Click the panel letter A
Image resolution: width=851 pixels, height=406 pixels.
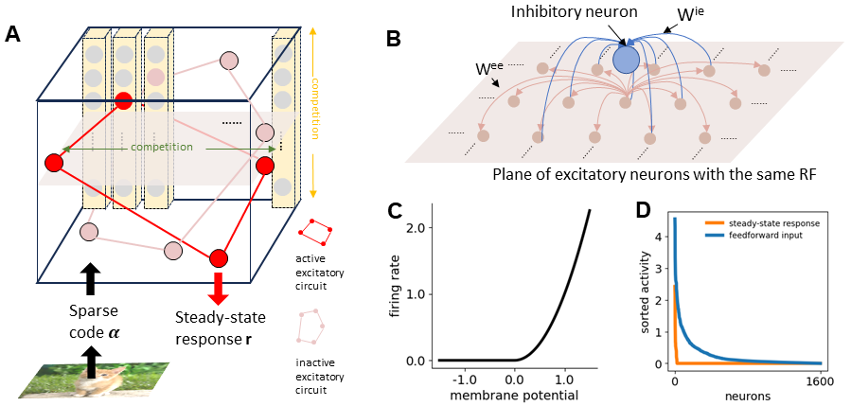click(x=13, y=35)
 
